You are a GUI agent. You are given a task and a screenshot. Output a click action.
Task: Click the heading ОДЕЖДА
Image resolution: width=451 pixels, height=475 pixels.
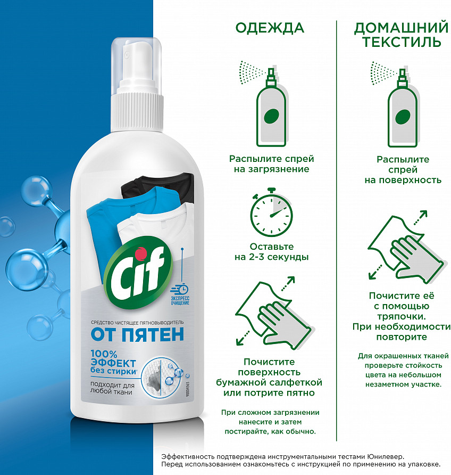(x=270, y=28)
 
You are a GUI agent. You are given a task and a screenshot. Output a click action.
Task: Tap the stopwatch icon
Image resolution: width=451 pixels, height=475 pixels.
(x=271, y=212)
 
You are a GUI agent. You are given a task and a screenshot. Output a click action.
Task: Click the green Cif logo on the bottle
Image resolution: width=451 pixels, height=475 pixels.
(x=138, y=273)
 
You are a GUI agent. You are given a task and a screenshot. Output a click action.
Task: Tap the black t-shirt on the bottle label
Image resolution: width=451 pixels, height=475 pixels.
(x=157, y=186)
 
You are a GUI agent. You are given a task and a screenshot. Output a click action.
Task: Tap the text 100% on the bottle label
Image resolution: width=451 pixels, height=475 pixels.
(x=104, y=354)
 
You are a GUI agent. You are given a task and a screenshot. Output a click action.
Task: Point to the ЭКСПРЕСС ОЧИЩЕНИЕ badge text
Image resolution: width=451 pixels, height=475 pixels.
(x=180, y=300)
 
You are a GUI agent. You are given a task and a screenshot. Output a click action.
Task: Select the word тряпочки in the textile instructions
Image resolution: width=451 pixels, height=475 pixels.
(x=401, y=316)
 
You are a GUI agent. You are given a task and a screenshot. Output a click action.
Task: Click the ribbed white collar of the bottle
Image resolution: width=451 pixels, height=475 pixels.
(x=137, y=111)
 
